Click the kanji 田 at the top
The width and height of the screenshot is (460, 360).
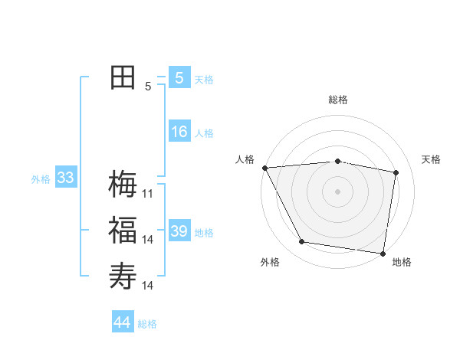point(123,78)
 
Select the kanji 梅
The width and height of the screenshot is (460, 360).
point(123,184)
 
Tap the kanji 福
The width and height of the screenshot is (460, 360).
point(123,231)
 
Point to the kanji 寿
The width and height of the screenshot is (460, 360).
point(123,275)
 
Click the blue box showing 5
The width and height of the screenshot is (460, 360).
point(179,78)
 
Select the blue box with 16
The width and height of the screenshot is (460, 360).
point(179,133)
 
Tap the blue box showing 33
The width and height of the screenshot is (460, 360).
point(65,178)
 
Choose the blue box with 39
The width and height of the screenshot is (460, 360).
point(179,231)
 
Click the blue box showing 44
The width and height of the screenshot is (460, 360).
point(123,322)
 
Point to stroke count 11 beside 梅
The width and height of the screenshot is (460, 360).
point(148,194)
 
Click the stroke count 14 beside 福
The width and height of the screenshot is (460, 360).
point(148,240)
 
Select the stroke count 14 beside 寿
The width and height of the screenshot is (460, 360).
point(148,286)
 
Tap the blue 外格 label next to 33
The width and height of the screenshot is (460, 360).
point(41,179)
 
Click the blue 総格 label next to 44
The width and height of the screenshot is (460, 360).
point(147,324)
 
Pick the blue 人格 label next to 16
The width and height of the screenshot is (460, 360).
point(204,133)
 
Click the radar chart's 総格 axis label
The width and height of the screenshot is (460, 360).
point(337,100)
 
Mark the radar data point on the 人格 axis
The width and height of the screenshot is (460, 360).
point(264,168)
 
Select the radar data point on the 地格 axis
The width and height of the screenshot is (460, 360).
point(383,253)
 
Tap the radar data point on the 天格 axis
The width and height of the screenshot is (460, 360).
point(396,172)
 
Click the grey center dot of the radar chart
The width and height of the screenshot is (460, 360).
point(337,191)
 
